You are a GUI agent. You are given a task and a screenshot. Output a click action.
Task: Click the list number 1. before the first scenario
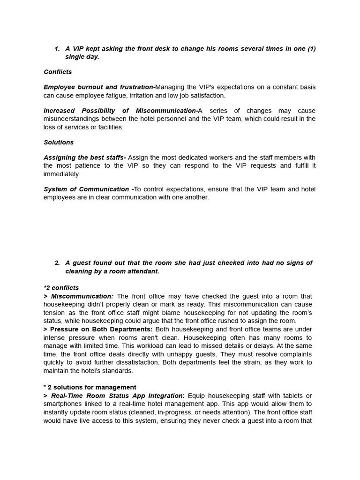(57, 49)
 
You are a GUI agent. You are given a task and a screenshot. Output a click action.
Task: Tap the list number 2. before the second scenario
(57, 263)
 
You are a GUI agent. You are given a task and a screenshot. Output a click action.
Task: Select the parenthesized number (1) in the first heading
(311, 49)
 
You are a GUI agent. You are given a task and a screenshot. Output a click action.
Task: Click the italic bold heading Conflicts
(58, 72)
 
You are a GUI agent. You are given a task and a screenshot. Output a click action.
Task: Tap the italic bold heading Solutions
(59, 142)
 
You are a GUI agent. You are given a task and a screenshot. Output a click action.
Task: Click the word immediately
(62, 174)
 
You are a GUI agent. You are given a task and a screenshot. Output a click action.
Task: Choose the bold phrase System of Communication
(86, 189)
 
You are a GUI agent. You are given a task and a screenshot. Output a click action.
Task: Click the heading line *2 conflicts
(61, 288)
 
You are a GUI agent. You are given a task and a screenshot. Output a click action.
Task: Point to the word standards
(119, 371)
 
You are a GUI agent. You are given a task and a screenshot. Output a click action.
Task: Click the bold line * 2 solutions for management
(90, 387)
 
